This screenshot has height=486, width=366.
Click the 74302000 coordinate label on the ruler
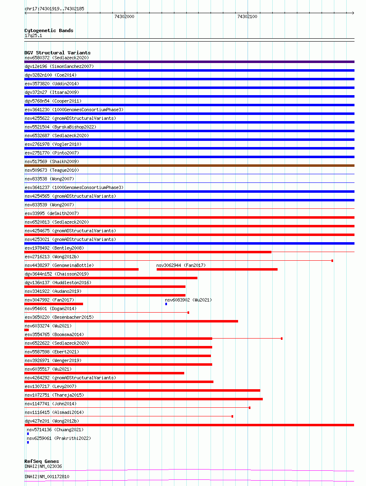pyautogui.click(x=124, y=16)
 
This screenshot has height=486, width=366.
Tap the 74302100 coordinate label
pyautogui.click(x=247, y=16)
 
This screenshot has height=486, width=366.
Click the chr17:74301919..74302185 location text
pyautogui.click(x=54, y=9)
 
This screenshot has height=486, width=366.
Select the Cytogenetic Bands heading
pyautogui.click(x=49, y=30)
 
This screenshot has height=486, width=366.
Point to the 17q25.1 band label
pyautogui.click(x=33, y=36)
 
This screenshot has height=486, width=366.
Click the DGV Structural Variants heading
pyautogui.click(x=58, y=53)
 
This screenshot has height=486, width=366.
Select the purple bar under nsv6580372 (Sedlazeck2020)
pyautogui.click(x=189, y=62)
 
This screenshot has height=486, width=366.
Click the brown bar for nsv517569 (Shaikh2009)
pyautogui.click(x=189, y=166)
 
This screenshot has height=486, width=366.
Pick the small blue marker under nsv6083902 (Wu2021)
pyautogui.click(x=166, y=304)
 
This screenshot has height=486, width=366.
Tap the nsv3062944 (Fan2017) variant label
pyautogui.click(x=181, y=265)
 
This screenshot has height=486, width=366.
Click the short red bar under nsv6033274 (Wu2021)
pyautogui.click(x=27, y=330)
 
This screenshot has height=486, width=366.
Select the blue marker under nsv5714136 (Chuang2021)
pyautogui.click(x=28, y=434)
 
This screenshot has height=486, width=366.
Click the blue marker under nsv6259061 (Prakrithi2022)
pyautogui.click(x=28, y=443)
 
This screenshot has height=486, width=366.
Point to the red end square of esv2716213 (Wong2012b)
pyautogui.click(x=332, y=261)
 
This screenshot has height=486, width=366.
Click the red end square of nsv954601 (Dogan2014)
pyautogui.click(x=188, y=313)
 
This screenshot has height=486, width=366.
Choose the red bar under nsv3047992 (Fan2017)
pyautogui.click(x=54, y=304)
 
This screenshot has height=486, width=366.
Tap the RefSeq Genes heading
pyautogui.click(x=42, y=461)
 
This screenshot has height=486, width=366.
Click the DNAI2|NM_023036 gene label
pyautogui.click(x=43, y=466)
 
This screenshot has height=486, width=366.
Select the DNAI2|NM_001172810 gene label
pyautogui.click(x=47, y=477)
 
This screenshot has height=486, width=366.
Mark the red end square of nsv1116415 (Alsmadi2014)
pyautogui.click(x=232, y=416)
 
